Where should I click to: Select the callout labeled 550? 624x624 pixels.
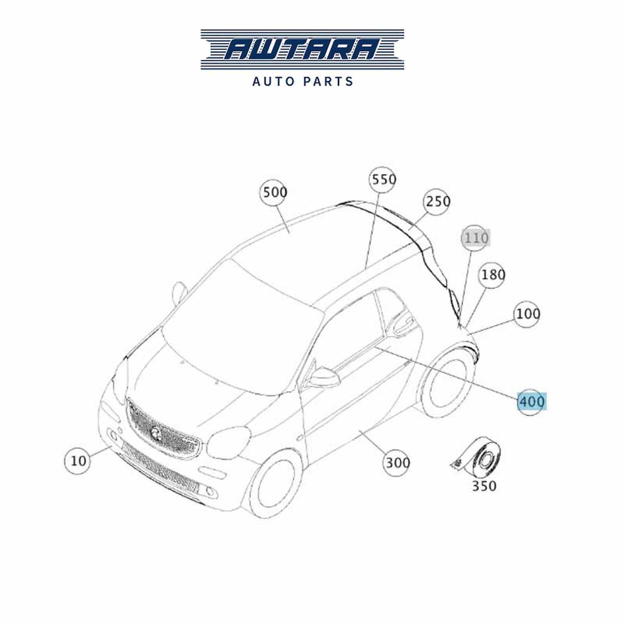click(x=383, y=180)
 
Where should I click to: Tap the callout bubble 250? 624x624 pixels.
click(x=438, y=202)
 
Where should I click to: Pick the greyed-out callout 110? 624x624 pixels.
click(x=475, y=238)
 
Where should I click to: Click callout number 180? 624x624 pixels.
click(x=492, y=275)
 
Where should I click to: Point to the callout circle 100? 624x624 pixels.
click(x=527, y=314)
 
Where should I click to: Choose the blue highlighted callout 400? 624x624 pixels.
click(x=532, y=401)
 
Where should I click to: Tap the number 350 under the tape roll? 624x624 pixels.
click(x=484, y=486)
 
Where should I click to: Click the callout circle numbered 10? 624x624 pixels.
click(x=78, y=461)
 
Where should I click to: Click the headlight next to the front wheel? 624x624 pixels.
click(x=229, y=442)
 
